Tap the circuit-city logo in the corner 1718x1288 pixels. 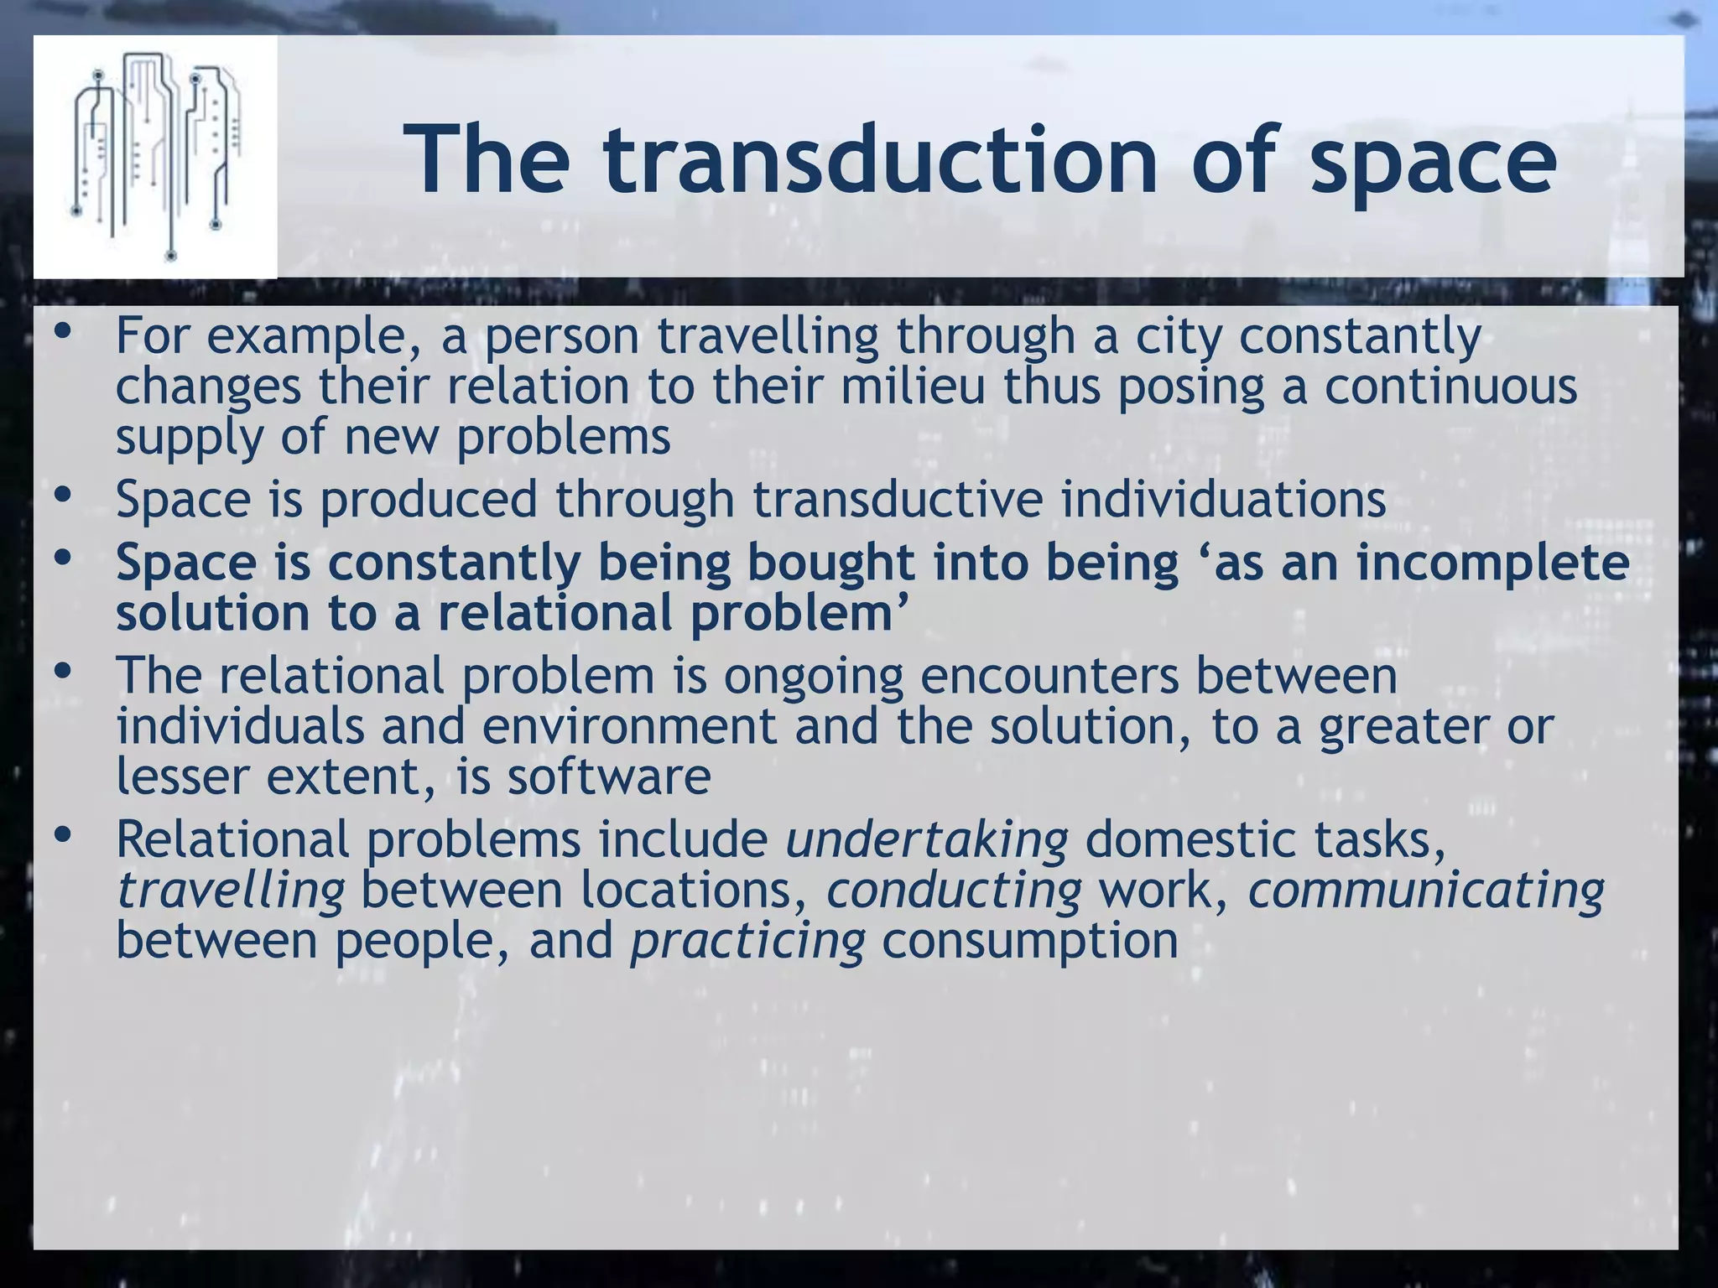(155, 156)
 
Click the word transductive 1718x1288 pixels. (898, 499)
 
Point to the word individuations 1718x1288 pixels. (1223, 499)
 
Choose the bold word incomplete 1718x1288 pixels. (1492, 563)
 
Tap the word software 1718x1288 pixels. (608, 776)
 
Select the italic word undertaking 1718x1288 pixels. (927, 839)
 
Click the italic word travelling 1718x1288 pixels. (231, 890)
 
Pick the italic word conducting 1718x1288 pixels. (954, 890)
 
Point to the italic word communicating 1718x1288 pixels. (1425, 890)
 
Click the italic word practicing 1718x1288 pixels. (747, 941)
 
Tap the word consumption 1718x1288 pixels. (1030, 941)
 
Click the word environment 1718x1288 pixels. (629, 726)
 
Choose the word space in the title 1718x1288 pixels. (1434, 159)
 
